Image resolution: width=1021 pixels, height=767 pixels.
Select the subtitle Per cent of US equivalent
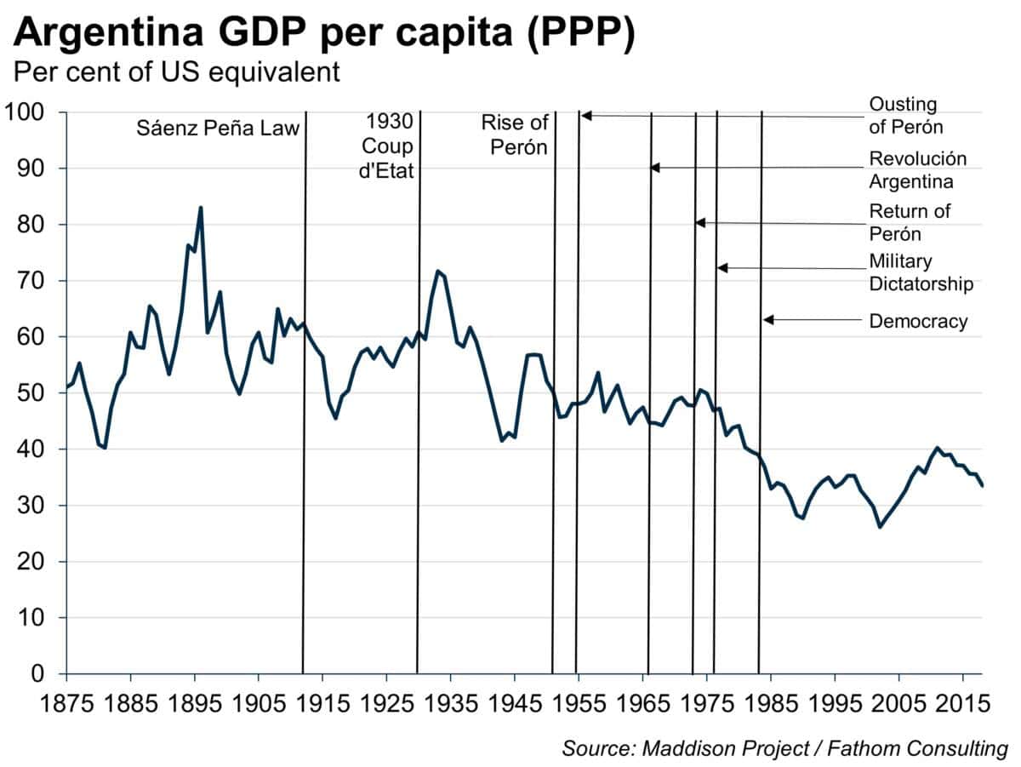176,72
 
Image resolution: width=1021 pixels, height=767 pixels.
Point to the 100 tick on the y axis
31,112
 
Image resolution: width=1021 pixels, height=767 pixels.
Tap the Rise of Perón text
515,135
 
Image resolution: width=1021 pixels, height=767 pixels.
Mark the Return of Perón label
910,221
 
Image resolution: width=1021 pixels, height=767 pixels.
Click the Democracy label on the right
918,321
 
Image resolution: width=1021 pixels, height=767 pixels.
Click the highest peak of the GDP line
201,207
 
